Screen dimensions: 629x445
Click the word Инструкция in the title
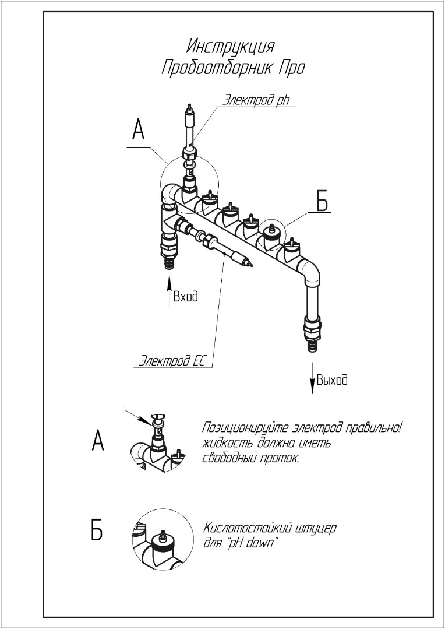click(231, 47)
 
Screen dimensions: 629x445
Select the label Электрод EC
click(174, 360)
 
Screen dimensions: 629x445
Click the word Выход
click(332, 380)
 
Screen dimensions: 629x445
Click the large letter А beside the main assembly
click(137, 130)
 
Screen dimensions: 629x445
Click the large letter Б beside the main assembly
click(322, 201)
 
